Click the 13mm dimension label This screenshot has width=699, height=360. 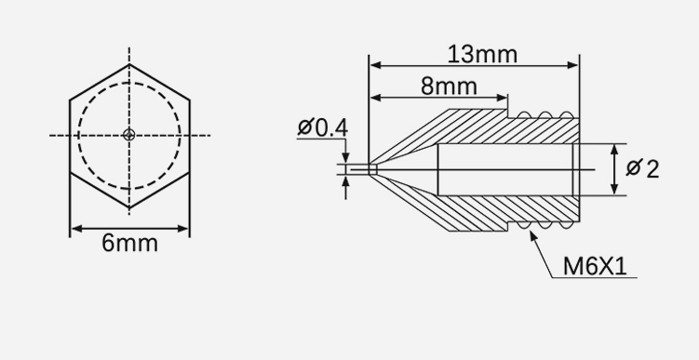pos(482,55)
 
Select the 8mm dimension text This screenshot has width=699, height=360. pos(449,87)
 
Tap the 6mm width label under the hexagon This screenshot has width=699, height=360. pos(129,244)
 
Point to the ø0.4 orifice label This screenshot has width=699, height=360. pos(322,127)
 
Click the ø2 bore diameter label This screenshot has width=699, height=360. pos(642,169)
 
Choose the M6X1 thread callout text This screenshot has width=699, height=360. pos(595,266)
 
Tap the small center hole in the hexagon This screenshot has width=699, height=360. pos(129,135)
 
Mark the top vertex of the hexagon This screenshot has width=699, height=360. pos(129,64)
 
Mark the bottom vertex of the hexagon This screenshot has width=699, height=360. pos(129,207)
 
